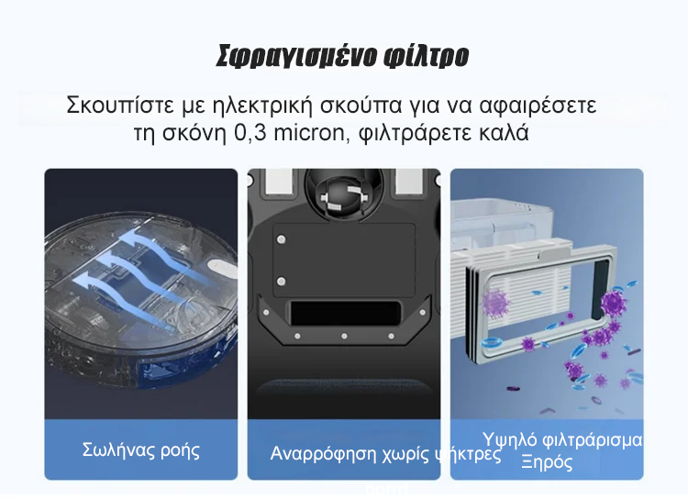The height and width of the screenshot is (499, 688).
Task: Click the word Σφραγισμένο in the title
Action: coord(296,56)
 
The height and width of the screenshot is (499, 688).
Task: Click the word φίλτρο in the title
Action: coord(426,56)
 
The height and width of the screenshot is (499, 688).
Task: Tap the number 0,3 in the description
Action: coord(250,133)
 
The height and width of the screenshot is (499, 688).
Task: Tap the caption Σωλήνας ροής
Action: coord(141,450)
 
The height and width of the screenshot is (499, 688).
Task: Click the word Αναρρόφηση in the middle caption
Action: coord(323,453)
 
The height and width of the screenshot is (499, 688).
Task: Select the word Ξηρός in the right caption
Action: coord(547,462)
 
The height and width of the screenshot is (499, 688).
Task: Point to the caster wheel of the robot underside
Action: coord(344,194)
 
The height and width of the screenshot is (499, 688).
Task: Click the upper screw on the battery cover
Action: coord(282,239)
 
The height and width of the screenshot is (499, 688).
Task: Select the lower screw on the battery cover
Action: coord(282,281)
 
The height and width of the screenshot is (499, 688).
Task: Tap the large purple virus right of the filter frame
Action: coord(613,302)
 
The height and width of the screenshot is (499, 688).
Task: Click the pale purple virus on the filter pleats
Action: coord(494,304)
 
